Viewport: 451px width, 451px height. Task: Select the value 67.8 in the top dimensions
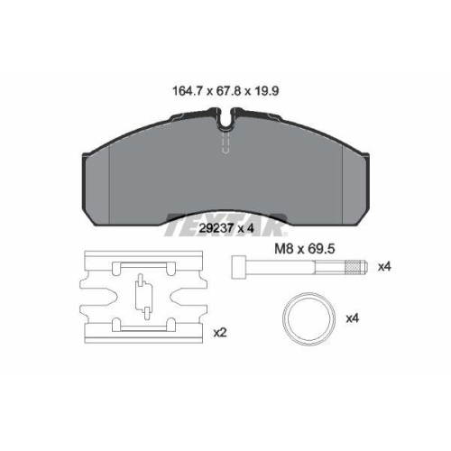[x=229, y=91]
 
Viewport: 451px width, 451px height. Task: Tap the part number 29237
[x=216, y=228]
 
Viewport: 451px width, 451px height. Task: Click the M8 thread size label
[x=284, y=249]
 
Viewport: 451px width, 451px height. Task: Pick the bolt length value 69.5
[x=321, y=249]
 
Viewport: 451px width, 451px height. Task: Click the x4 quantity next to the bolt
[x=384, y=266]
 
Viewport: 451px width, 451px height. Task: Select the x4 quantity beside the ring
[x=352, y=318]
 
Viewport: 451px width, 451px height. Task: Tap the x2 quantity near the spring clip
[x=220, y=333]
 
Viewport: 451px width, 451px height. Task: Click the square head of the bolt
[x=239, y=267]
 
